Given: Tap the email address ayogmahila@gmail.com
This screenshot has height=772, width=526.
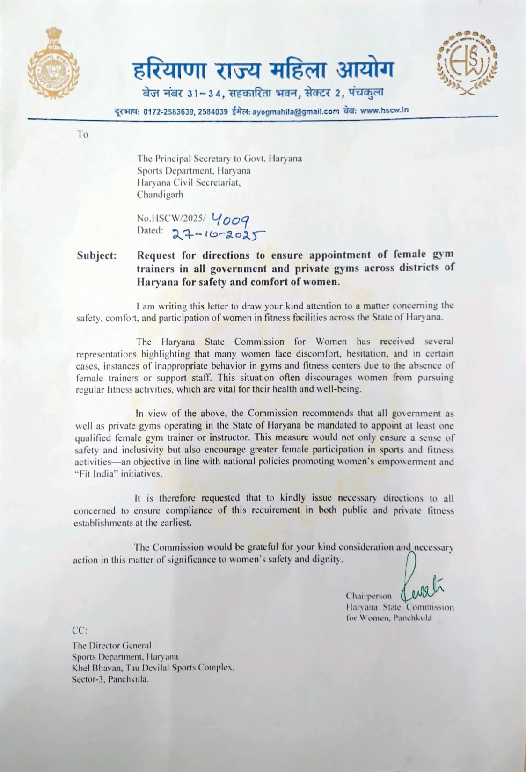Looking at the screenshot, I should [296, 111].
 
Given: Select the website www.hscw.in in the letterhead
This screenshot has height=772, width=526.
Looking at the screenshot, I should [384, 110].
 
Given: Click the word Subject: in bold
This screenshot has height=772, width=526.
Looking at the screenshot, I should [97, 255].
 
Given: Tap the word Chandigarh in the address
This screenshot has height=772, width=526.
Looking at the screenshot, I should [160, 195].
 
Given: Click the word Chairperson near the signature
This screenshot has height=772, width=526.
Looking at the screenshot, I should [369, 596].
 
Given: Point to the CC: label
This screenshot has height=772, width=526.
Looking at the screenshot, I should [80, 630].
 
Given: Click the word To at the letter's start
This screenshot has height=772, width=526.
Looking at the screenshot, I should [83, 135].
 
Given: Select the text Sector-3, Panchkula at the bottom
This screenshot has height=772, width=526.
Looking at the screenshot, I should [110, 679].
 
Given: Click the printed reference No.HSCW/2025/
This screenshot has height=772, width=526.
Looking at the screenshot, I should [171, 218].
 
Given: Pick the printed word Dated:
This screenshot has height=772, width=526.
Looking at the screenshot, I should [150, 230].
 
